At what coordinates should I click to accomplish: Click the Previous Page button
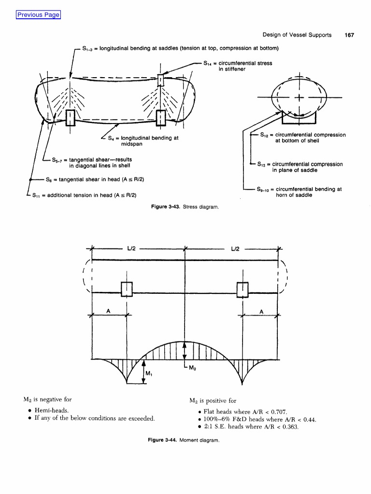tap(38, 14)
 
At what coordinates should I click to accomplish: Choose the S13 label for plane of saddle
tap(300, 167)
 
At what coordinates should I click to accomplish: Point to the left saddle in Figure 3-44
tap(127, 289)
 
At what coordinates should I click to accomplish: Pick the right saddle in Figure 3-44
tap(243, 289)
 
